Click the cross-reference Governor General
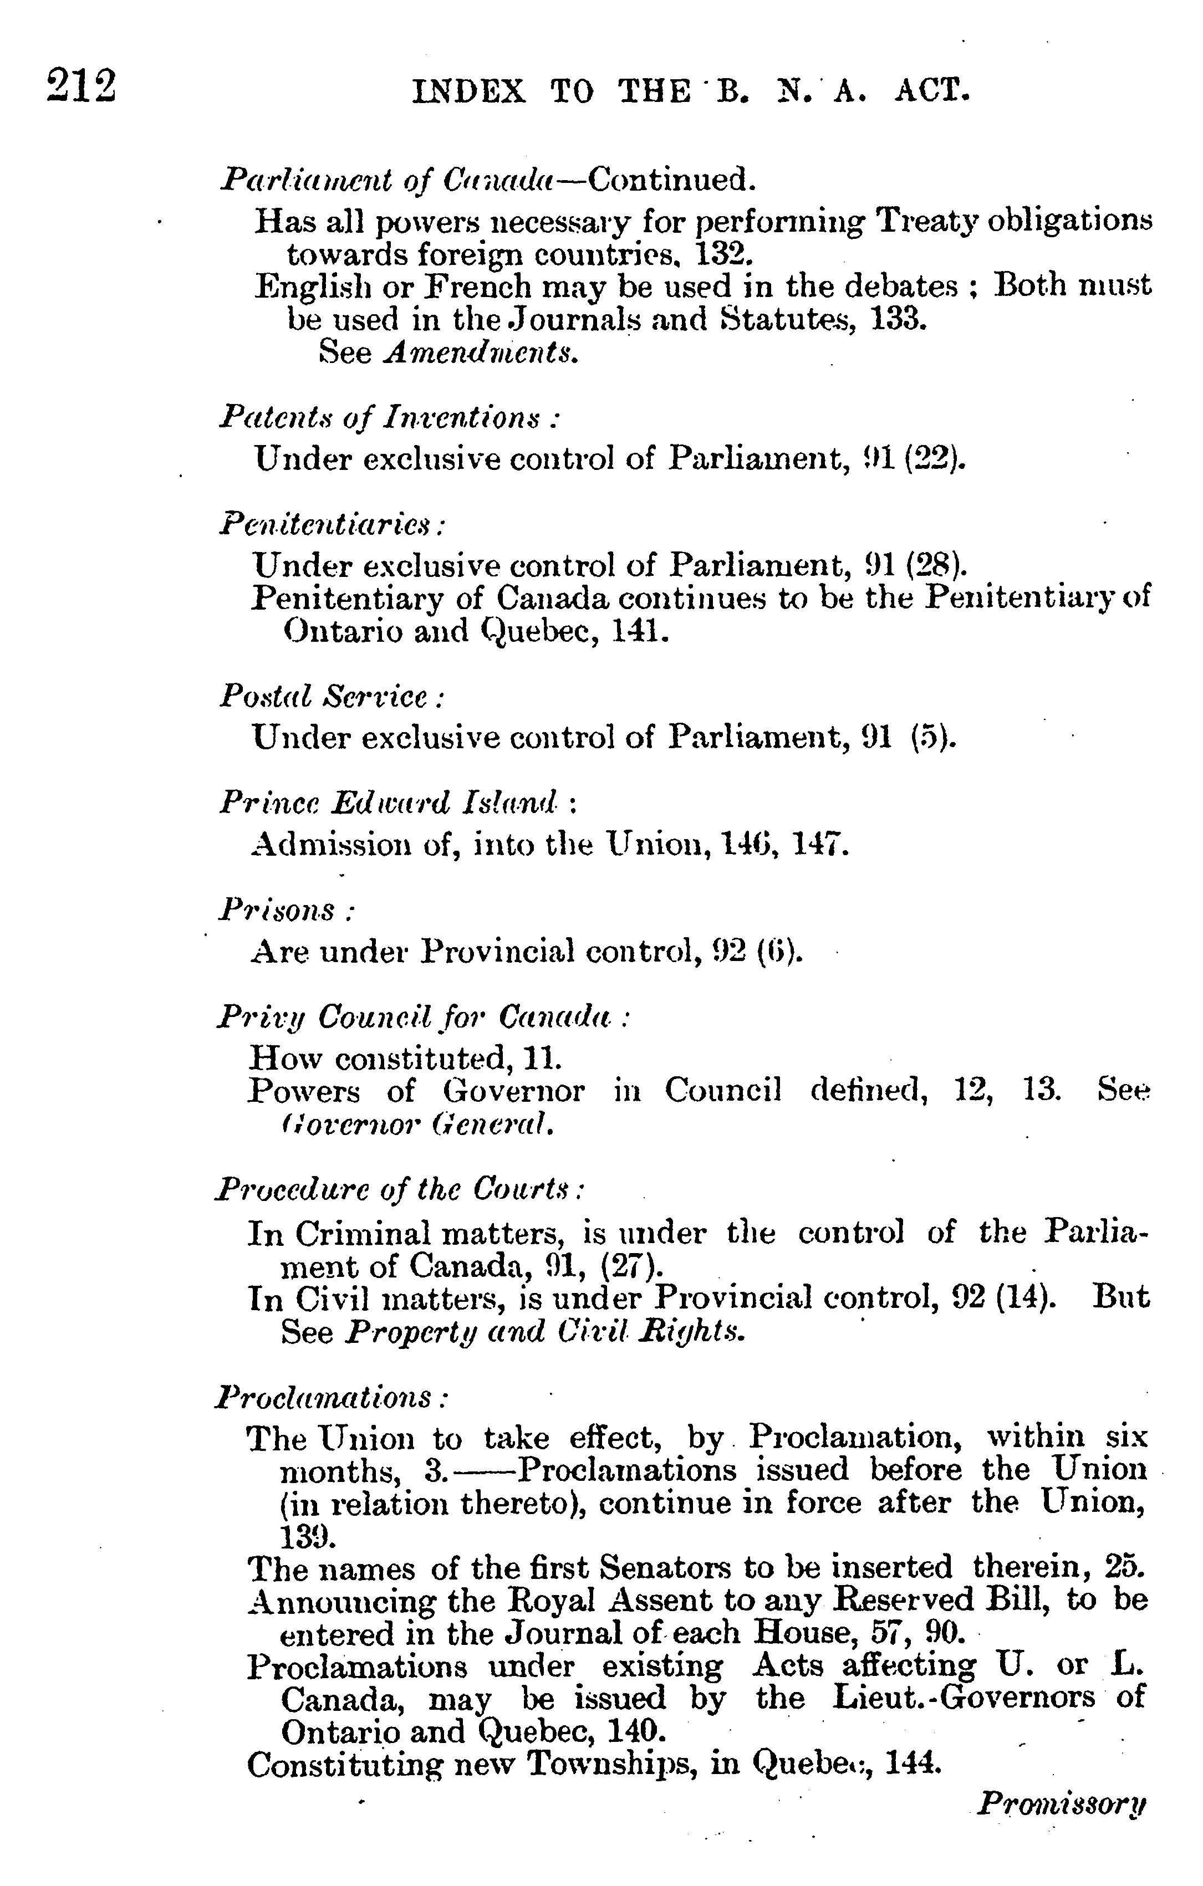click(x=417, y=1126)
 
